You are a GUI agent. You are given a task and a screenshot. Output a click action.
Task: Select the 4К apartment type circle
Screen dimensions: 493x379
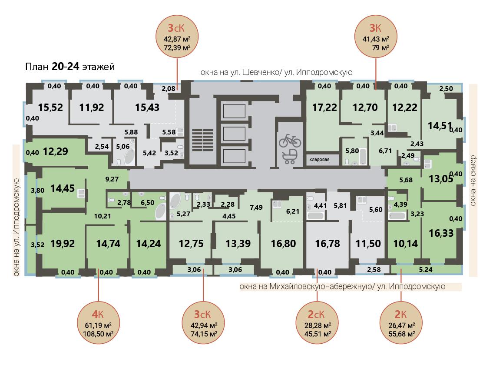(99, 324)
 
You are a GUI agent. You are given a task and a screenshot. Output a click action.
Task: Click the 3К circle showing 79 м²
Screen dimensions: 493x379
(376, 37)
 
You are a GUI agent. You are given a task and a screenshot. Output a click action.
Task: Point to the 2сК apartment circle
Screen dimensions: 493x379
(317, 324)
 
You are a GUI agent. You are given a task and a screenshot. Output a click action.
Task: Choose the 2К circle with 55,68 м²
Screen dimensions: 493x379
(401, 324)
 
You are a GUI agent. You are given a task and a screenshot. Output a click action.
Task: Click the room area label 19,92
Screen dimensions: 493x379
(63, 244)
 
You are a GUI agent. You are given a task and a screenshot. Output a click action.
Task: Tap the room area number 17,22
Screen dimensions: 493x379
(324, 107)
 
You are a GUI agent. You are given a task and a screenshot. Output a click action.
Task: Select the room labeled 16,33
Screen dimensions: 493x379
(441, 233)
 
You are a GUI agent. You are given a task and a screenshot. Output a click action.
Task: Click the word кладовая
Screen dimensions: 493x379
(319, 159)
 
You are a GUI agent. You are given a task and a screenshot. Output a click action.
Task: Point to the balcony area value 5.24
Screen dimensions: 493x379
(426, 269)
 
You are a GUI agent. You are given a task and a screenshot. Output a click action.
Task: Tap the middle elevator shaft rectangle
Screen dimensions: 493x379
(234, 134)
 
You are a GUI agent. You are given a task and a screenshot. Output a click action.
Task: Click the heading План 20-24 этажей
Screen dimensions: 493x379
(70, 67)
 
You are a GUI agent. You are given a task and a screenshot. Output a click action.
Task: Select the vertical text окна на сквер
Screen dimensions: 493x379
(473, 180)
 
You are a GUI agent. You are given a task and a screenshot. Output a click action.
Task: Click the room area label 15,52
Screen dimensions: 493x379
(50, 107)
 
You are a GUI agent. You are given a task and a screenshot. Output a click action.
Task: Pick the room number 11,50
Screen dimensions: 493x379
(368, 244)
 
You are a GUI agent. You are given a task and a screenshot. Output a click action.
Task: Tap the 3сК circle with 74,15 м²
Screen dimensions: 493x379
(203, 324)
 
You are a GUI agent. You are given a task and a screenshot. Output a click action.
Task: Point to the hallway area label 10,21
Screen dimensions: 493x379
(103, 216)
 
